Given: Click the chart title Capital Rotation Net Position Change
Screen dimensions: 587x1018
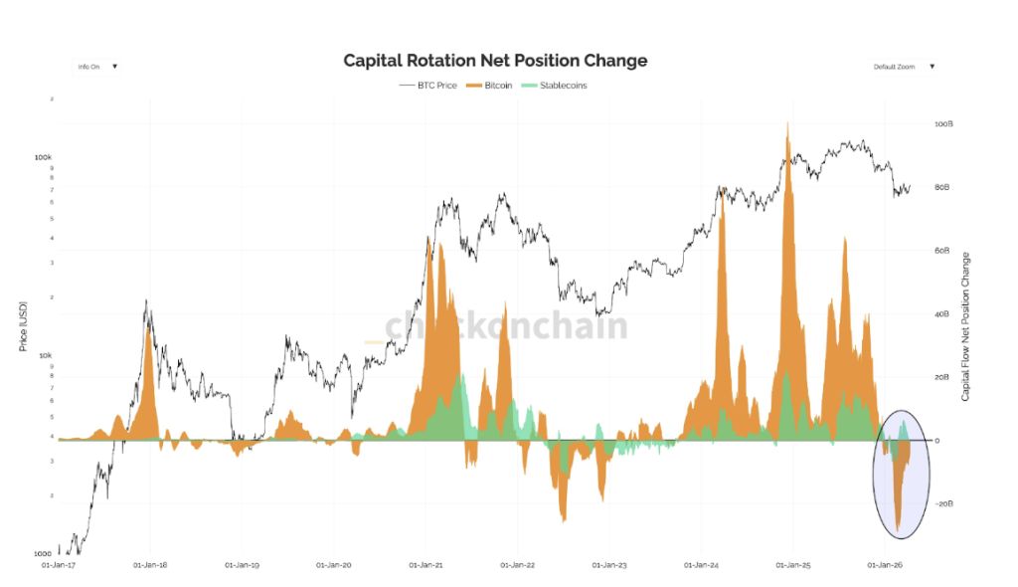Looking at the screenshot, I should [x=495, y=61].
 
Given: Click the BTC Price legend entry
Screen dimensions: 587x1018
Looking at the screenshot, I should [x=428, y=86].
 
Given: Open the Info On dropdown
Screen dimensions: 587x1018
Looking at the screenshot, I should [x=97, y=67].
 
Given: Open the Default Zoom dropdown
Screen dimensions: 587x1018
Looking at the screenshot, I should [x=904, y=67].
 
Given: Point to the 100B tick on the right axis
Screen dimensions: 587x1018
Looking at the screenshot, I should [x=943, y=124].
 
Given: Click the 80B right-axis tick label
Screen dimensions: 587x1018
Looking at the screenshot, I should [x=942, y=187].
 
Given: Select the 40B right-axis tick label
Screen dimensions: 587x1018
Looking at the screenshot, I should [x=942, y=314].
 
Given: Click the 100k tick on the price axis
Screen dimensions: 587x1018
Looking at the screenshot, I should [x=43, y=157].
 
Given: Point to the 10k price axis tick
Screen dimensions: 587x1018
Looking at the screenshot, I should [x=45, y=355].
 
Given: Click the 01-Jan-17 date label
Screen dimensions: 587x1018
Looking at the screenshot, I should [x=59, y=565].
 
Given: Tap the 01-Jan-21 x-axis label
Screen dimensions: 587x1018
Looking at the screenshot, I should [x=425, y=565].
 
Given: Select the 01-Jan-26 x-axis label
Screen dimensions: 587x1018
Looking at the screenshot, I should [x=884, y=565].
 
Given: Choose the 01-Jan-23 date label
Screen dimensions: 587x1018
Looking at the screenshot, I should [x=608, y=565].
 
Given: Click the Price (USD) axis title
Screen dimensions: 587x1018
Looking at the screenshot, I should [x=23, y=325].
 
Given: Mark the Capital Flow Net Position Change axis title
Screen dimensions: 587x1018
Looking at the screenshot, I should [x=966, y=326].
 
